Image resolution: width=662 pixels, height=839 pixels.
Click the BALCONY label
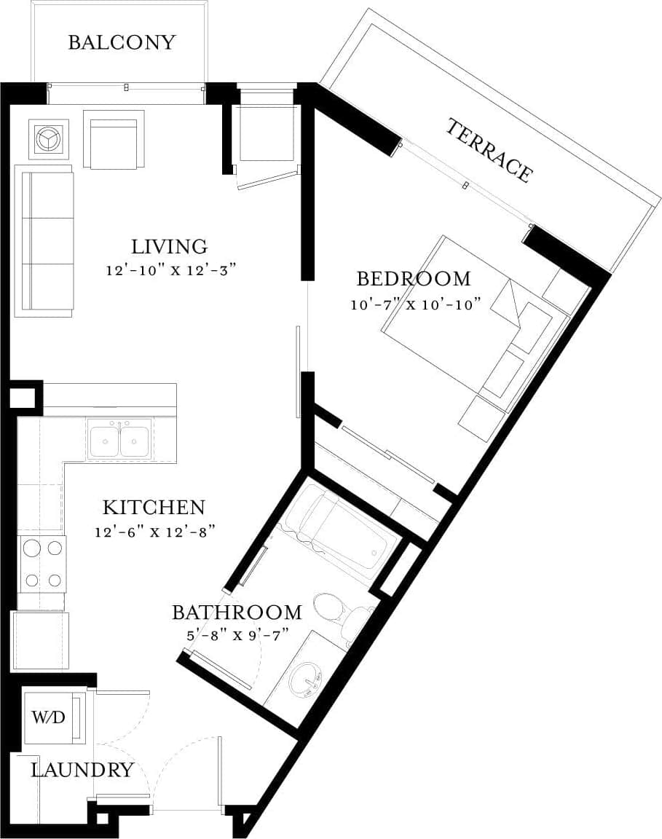point(122,42)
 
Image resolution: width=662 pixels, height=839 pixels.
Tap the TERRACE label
point(488,150)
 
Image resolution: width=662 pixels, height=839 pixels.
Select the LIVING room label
point(169,246)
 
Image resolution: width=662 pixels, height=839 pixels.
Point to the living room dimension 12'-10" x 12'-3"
point(172,270)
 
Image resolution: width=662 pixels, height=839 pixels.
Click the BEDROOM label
point(413,278)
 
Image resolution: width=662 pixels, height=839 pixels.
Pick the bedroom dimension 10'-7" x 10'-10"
point(415,304)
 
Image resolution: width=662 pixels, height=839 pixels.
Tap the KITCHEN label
point(153,507)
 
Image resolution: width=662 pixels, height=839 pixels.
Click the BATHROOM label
point(237,612)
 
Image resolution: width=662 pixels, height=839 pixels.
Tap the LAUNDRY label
point(82,770)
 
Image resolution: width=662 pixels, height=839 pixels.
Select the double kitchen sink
point(119,441)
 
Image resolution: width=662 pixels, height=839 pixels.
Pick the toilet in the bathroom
point(335,612)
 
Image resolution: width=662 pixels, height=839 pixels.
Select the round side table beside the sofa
point(50,138)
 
